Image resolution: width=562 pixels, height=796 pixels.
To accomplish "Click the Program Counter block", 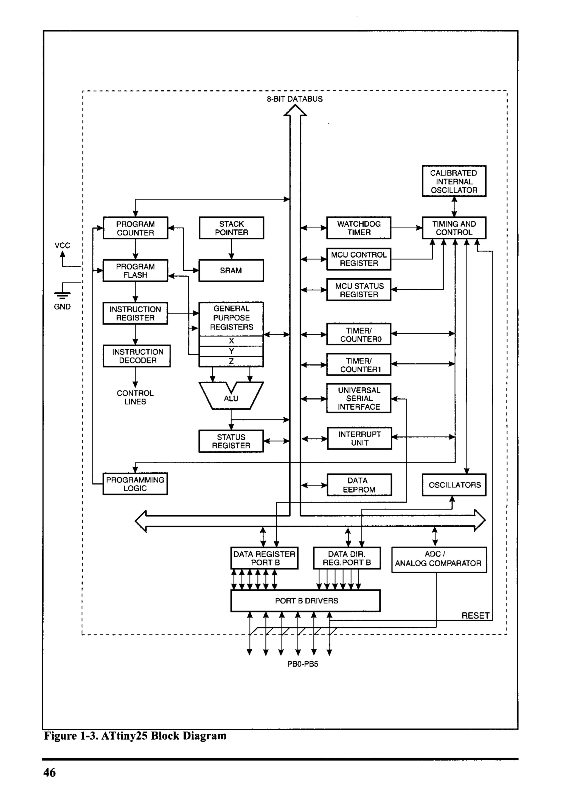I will point(135,228).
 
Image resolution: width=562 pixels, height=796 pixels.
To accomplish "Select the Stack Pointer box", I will point(231,228).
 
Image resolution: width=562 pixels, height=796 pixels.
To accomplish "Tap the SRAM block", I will point(231,270).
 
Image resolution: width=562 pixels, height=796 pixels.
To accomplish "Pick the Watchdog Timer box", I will point(359,228).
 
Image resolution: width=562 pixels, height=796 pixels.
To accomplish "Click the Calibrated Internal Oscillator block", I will point(454,181).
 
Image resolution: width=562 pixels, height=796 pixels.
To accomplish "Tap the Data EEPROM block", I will point(359,485).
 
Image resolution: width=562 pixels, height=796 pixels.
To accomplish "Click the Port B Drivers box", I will point(305,600).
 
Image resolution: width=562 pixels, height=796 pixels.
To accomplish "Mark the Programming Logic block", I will point(135,484).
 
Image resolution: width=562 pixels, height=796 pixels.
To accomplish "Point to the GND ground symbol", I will point(62,295).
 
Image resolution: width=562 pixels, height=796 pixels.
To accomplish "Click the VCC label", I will point(62,245).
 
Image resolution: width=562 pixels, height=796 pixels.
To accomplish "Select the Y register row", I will point(231,351).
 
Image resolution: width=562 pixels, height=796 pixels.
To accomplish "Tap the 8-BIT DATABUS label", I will point(295,99).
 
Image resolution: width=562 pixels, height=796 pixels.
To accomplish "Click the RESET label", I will point(475,616).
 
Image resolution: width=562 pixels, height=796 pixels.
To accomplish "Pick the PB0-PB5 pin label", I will point(302,664).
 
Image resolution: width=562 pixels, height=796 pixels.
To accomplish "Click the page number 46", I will point(49,772).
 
